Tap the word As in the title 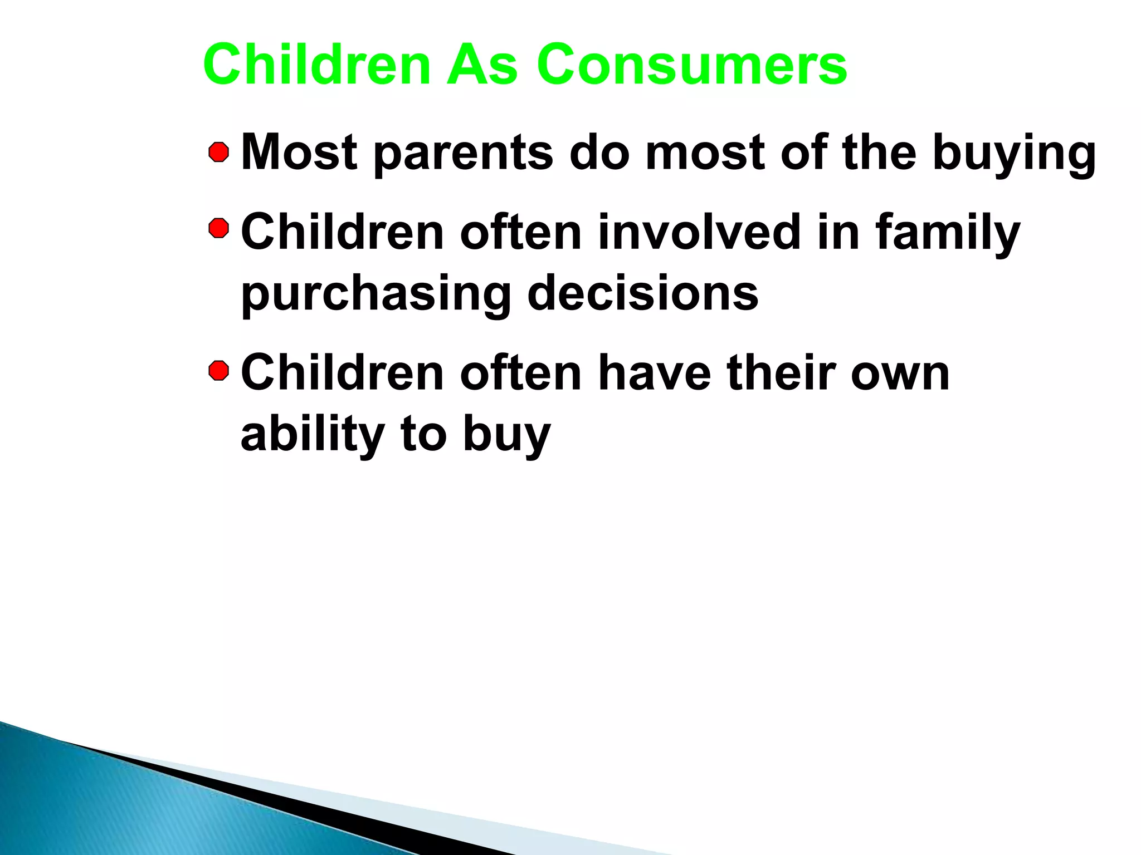(x=482, y=65)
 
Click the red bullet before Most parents (x=219, y=153)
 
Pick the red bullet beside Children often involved (x=219, y=228)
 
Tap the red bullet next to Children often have (x=219, y=371)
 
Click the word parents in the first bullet (x=464, y=154)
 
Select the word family (x=948, y=234)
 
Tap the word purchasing (x=376, y=295)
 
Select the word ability (x=313, y=435)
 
